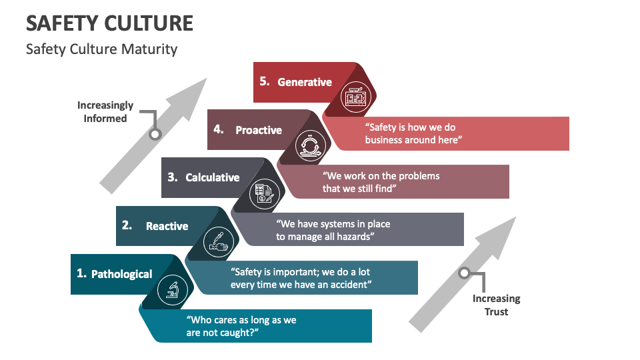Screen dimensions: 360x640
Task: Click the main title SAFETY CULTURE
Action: [x=109, y=23]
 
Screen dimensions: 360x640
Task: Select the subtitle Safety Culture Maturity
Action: [x=101, y=49]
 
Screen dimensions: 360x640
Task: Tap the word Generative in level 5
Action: [x=304, y=82]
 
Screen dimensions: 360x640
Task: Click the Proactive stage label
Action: [x=259, y=130]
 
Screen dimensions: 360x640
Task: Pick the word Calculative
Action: [x=212, y=177]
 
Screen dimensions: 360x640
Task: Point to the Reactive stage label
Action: [x=167, y=226]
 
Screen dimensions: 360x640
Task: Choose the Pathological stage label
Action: [x=121, y=274]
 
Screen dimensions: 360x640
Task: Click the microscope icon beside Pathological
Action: [x=172, y=289]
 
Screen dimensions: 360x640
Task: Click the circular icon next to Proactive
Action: [x=309, y=145]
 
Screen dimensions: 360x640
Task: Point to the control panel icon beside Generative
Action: [x=354, y=98]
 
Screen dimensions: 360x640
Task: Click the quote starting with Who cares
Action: [x=241, y=326]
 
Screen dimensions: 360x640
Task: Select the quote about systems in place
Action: [x=333, y=230]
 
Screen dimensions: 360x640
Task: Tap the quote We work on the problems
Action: [x=381, y=182]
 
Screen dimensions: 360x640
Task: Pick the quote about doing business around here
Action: [x=413, y=133]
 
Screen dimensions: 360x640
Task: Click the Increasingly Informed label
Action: [x=105, y=111]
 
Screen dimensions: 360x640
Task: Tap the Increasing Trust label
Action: [x=496, y=305]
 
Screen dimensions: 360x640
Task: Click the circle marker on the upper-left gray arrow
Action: [x=155, y=134]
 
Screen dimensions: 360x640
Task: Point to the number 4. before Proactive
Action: [x=219, y=129]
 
